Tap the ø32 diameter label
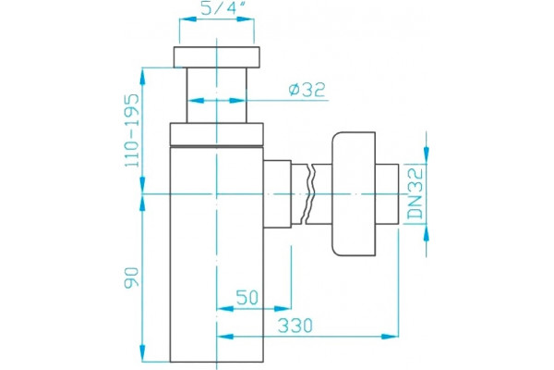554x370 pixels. pyautogui.click(x=307, y=90)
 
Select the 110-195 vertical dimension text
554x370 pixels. pyautogui.click(x=132, y=130)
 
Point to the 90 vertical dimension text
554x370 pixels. pyautogui.click(x=132, y=277)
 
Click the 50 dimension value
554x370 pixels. pyautogui.click(x=247, y=298)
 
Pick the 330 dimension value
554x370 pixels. pyautogui.click(x=295, y=326)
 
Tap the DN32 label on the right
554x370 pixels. pyautogui.click(x=415, y=193)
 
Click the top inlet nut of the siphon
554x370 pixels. pyautogui.click(x=217, y=57)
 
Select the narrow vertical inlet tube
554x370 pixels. pyautogui.click(x=217, y=95)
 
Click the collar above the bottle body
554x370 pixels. pyautogui.click(x=217, y=134)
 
